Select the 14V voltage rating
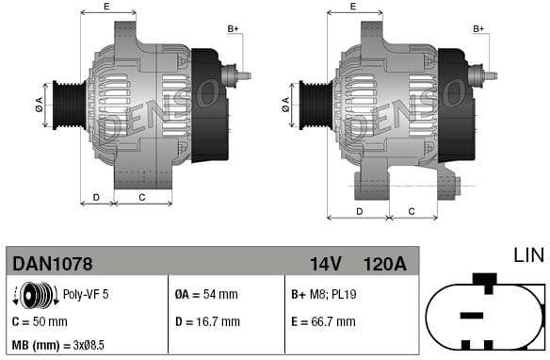click(x=326, y=263)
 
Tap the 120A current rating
click(x=384, y=263)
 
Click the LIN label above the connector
click(x=527, y=255)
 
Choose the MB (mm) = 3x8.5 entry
click(x=57, y=346)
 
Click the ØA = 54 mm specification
click(x=206, y=295)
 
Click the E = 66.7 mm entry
click(x=323, y=321)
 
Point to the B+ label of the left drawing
click(x=233, y=29)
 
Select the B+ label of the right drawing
click(x=478, y=29)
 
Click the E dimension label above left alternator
click(x=105, y=7)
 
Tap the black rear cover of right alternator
click(x=454, y=104)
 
